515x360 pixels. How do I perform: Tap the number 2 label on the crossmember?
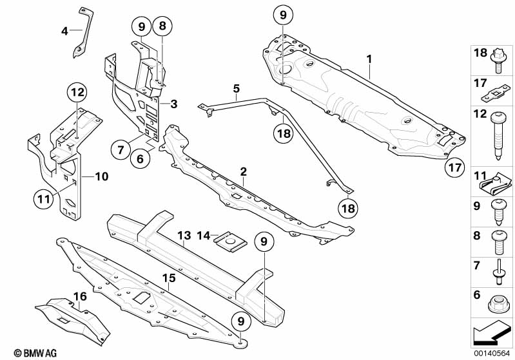point(244,172)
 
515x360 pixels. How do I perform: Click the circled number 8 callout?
point(162,26)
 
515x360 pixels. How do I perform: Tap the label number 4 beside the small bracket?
point(64,30)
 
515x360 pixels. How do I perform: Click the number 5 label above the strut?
point(236,88)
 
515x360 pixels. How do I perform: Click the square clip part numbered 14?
point(229,240)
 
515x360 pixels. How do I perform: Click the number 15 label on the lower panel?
point(168,279)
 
